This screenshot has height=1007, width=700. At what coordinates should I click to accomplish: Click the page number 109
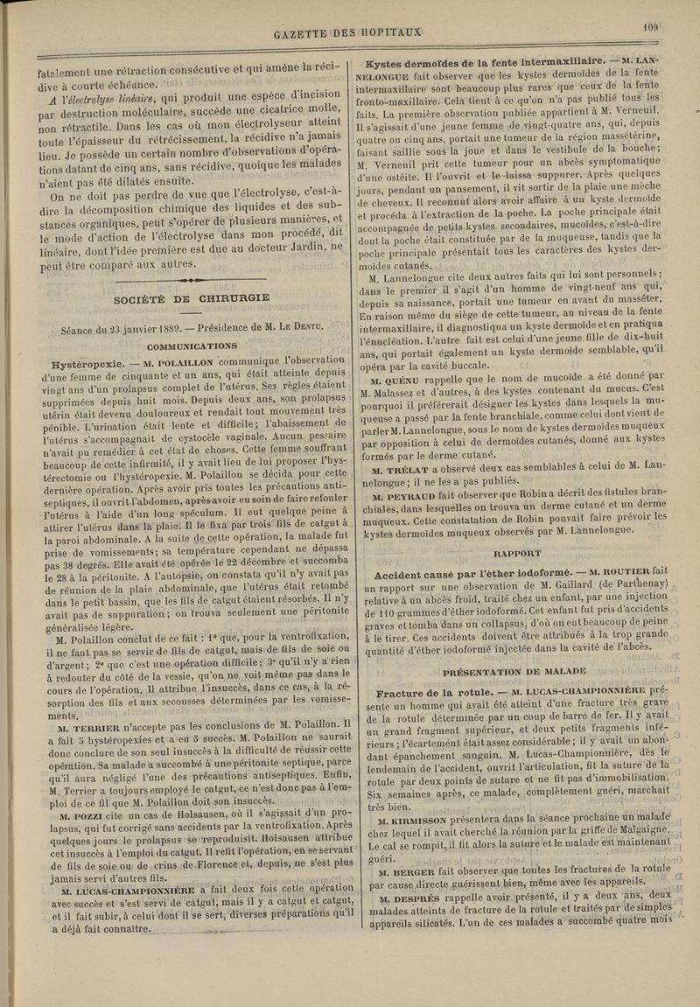click(x=649, y=26)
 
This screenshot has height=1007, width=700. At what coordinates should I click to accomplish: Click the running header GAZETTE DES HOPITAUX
click(x=350, y=34)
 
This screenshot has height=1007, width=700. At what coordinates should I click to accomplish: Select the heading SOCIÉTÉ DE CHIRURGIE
click(x=192, y=297)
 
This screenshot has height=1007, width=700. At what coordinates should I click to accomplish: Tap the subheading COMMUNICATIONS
click(x=194, y=344)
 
